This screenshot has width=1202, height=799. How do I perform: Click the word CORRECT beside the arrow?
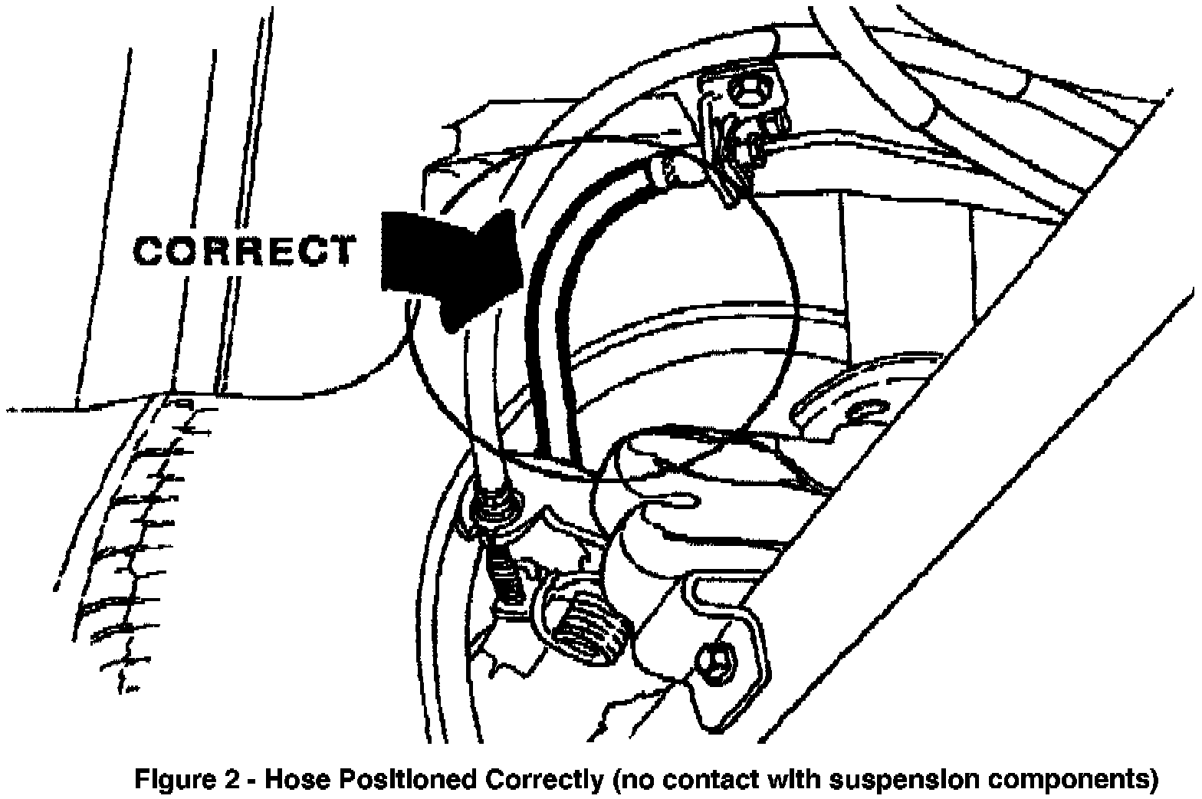point(245,251)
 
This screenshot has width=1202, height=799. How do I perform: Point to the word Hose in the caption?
point(296,780)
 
